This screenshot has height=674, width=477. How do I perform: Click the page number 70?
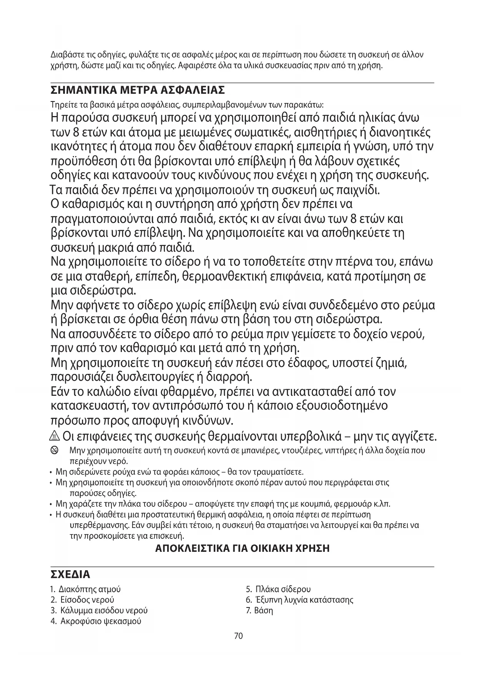point(238,636)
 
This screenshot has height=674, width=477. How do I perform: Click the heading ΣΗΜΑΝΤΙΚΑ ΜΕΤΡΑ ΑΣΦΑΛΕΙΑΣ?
point(138,90)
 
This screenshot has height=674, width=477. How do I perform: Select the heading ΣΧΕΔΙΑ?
point(70,574)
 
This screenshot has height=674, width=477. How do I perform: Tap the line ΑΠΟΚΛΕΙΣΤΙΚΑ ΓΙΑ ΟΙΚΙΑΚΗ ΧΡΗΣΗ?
point(242,548)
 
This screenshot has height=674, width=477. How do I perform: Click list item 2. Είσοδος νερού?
point(82,600)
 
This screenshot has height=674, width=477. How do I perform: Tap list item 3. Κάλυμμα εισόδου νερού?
point(99,611)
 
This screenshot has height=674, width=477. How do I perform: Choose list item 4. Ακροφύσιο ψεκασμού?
point(96,621)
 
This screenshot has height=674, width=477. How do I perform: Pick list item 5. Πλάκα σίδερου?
point(278,589)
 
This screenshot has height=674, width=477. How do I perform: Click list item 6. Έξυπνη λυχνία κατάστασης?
point(299,600)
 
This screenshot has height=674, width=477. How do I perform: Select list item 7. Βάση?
point(259,611)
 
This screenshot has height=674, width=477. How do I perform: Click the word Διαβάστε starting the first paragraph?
point(65,55)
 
